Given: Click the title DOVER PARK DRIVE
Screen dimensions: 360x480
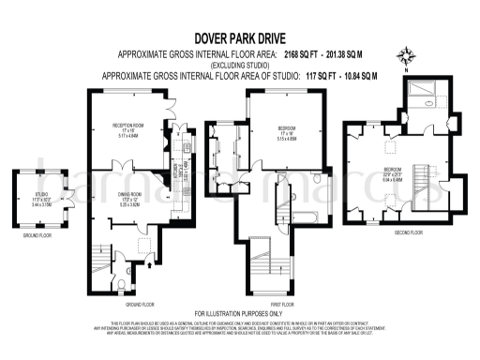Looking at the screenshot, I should pos(239,40).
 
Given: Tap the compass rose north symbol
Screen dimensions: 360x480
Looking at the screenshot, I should pos(405,54).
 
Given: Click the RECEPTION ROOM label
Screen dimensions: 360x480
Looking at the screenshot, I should pos(127,127).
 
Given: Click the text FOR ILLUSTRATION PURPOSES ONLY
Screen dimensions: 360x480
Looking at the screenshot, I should pos(239,312).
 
